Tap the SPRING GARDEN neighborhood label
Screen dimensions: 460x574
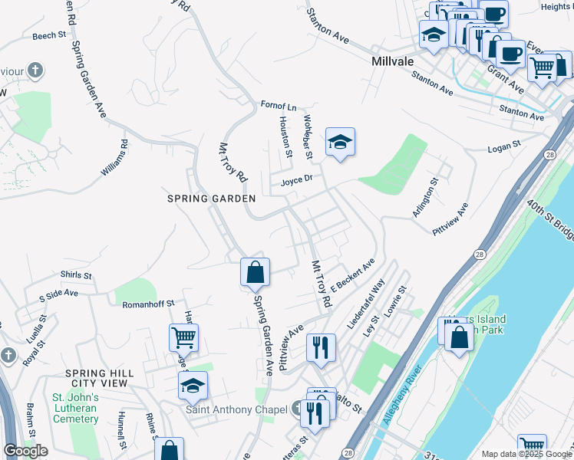pyautogui.click(x=211, y=199)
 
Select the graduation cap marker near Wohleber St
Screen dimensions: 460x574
pyautogui.click(x=340, y=143)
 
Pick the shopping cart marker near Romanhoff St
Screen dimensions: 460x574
pyautogui.click(x=183, y=337)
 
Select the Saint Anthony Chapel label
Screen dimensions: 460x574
pyautogui.click(x=237, y=409)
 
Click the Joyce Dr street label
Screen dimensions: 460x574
pyautogui.click(x=296, y=181)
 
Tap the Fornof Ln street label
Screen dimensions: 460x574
pyautogui.click(x=278, y=106)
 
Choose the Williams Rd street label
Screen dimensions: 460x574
pyautogui.click(x=114, y=158)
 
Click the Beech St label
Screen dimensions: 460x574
pyautogui.click(x=49, y=36)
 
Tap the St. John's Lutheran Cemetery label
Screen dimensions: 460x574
pyautogui.click(x=74, y=408)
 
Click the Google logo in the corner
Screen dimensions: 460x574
pyautogui.click(x=25, y=451)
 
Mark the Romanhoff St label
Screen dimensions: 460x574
pyautogui.click(x=149, y=304)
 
